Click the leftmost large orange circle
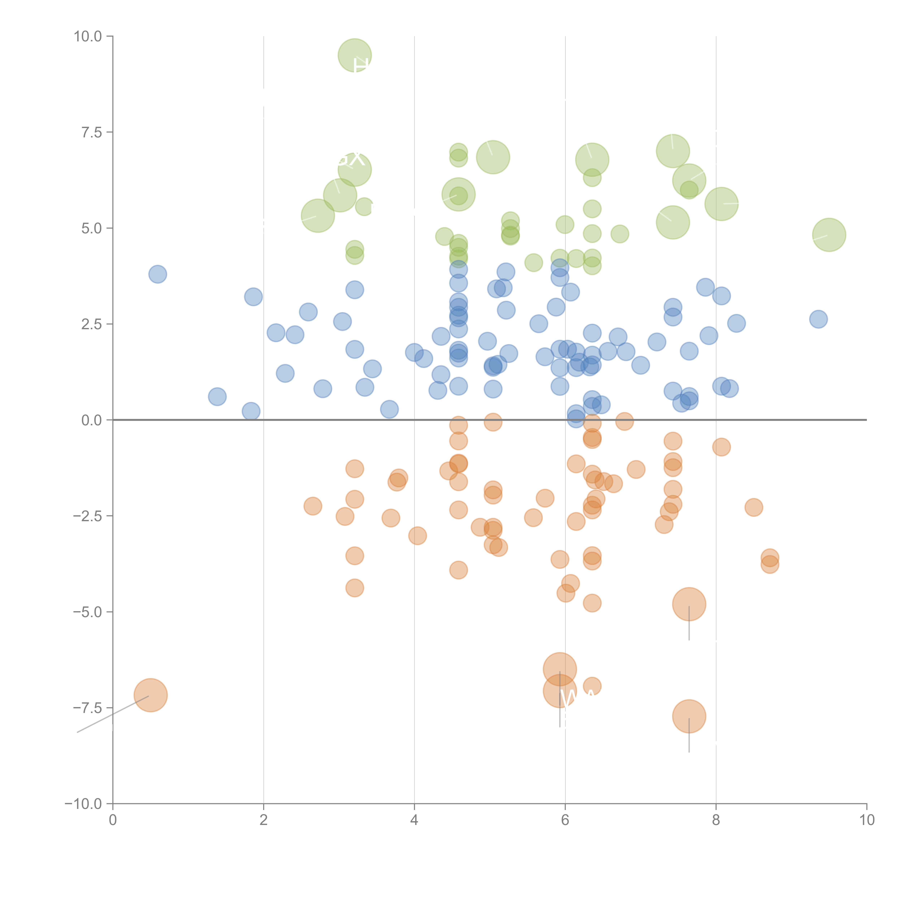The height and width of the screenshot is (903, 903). [x=150, y=695]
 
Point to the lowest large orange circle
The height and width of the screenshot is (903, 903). [x=689, y=716]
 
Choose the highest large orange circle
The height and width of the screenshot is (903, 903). [x=689, y=604]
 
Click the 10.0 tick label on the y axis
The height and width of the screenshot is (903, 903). [x=88, y=36]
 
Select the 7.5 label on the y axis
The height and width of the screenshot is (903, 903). [x=92, y=132]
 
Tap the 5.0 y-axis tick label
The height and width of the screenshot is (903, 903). [x=92, y=228]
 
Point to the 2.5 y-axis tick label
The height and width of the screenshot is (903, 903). [x=92, y=324]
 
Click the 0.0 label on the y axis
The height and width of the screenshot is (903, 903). [x=92, y=420]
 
